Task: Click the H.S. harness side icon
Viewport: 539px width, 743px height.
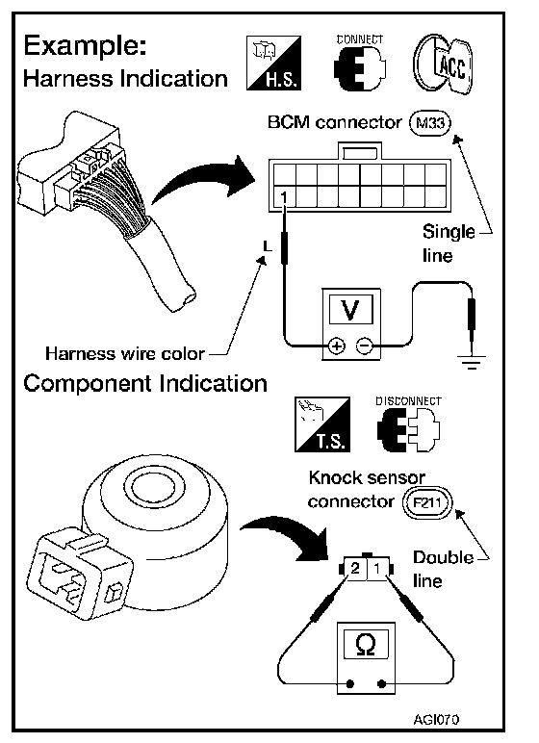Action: (x=274, y=63)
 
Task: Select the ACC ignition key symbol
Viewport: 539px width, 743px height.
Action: (x=443, y=64)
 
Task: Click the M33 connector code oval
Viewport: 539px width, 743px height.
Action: (x=430, y=124)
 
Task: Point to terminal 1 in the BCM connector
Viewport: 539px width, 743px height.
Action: (x=284, y=196)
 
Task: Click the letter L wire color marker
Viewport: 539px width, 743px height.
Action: (x=268, y=246)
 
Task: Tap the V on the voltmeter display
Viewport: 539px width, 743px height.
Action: (x=350, y=310)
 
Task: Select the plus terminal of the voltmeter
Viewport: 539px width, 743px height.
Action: (x=336, y=346)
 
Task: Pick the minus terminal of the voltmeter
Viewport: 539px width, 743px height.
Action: (x=364, y=346)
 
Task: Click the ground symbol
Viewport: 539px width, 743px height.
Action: (x=472, y=362)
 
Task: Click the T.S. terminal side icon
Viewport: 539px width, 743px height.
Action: (x=322, y=424)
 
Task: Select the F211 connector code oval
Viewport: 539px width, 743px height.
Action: (x=427, y=502)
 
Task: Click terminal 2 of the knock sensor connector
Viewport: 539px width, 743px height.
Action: (x=355, y=568)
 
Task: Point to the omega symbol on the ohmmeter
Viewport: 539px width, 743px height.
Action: (x=366, y=645)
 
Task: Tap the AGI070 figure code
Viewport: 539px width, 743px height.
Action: (x=436, y=719)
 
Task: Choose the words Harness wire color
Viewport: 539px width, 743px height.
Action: (x=125, y=353)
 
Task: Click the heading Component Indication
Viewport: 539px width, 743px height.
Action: (x=145, y=383)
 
